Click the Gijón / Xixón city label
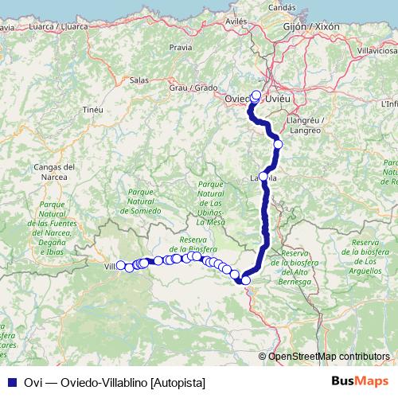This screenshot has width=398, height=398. tap(310, 26)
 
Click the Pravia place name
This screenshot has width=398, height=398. tap(181, 48)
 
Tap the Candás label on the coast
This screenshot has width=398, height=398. tap(282, 6)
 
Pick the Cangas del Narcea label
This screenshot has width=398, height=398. tap(55, 173)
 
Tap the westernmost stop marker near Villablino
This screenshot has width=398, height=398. tap(120, 266)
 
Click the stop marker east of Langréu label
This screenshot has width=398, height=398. tap(278, 144)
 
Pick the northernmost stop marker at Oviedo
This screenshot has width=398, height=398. tap(256, 95)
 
